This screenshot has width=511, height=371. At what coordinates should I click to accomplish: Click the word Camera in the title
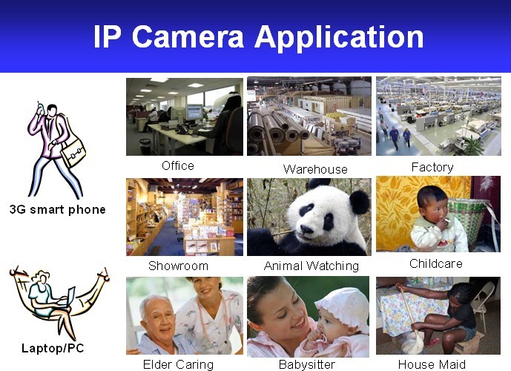pos(188,37)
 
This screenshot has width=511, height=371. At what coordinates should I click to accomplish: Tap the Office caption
pos(178,165)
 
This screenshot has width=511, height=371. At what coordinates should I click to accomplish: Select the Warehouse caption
pos(315,169)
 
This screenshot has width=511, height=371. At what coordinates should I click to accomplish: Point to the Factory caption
pos(432,167)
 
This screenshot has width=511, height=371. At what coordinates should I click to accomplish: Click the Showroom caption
pos(178,266)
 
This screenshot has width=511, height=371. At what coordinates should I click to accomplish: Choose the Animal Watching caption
pos(311,266)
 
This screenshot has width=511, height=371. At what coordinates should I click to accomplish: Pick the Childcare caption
pos(435,263)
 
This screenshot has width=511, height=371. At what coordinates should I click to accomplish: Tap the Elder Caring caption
pos(178,364)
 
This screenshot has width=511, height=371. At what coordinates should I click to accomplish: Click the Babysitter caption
pos(306,364)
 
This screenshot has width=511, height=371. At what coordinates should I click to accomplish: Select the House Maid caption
pos(432,364)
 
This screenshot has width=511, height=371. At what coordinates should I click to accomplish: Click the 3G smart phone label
pos(58,209)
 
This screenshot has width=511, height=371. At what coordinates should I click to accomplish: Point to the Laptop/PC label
pos(53,348)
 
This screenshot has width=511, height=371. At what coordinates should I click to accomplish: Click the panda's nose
pos(306,229)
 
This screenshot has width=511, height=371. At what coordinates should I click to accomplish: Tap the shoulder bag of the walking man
pos(73,151)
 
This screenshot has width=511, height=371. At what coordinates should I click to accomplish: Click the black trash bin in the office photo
pos(145,146)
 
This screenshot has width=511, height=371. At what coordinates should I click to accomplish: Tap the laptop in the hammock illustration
pos(67,298)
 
